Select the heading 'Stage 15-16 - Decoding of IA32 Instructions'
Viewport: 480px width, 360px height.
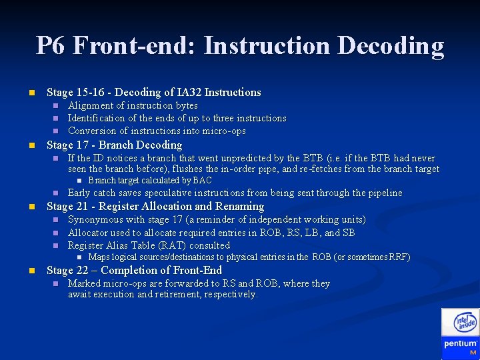click(x=153, y=92)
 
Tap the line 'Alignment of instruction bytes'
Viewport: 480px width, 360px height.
click(x=133, y=105)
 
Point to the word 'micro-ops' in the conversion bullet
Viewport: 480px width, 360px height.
click(x=223, y=131)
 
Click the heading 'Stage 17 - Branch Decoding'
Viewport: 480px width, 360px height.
click(x=114, y=145)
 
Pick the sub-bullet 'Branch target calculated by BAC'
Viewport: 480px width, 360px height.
click(x=150, y=180)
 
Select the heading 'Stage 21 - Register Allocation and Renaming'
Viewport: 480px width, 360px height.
click(x=155, y=206)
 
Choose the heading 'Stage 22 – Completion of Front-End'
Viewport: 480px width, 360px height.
click(x=134, y=270)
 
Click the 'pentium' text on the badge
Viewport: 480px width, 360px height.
click(x=460, y=344)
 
